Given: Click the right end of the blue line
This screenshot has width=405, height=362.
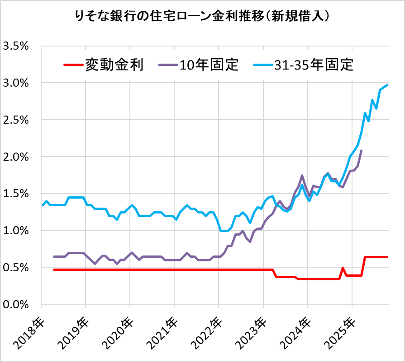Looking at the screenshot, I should (387, 85).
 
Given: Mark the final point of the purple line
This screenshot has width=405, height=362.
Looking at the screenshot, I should (361, 151).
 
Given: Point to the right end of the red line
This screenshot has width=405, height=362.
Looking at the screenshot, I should (387, 257).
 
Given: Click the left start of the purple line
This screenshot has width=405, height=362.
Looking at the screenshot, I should (54, 256).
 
